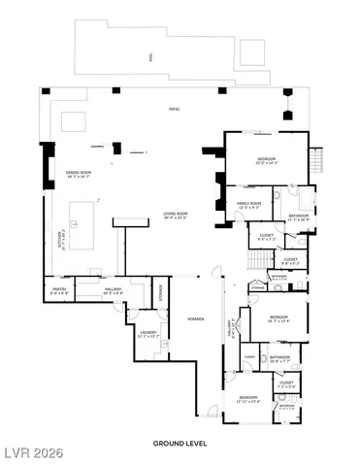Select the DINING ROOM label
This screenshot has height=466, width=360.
point(79,175)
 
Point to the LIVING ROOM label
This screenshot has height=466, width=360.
point(176,215)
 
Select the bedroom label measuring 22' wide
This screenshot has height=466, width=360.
point(267,160)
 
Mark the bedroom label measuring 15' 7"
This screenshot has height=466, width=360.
point(279,319)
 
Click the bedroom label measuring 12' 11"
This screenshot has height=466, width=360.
point(248,399)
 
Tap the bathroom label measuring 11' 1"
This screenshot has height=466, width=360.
point(299,216)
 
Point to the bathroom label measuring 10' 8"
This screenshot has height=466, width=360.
point(280,359)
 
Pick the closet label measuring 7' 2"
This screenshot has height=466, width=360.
point(286,384)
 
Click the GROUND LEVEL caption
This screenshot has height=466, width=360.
point(180,443)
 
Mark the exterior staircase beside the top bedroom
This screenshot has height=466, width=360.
point(315,159)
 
